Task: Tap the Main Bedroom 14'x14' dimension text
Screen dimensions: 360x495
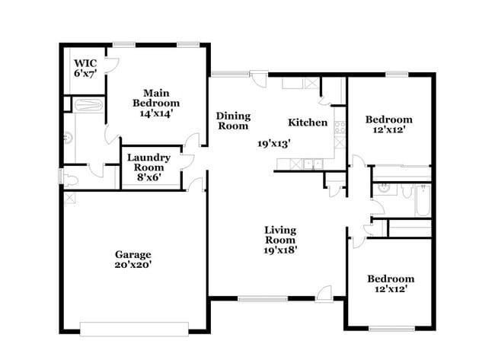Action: coord(156,113)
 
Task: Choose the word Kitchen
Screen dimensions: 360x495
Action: coord(308,123)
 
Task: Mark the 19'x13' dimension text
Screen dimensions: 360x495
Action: coord(273,142)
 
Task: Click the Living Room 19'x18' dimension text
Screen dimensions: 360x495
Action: coord(280,250)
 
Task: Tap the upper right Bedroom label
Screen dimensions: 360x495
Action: coord(388,119)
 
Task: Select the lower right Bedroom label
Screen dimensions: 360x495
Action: coord(390,279)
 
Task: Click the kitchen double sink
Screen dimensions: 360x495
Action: coord(310,163)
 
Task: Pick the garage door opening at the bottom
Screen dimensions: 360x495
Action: coord(134,328)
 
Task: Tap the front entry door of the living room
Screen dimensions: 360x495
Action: coord(325,293)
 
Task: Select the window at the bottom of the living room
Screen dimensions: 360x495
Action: coord(263,298)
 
